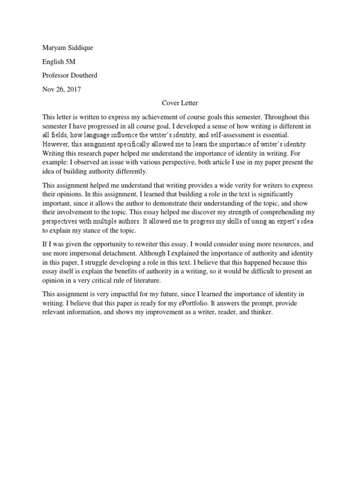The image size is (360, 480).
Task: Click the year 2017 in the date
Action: click(x=73, y=90)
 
